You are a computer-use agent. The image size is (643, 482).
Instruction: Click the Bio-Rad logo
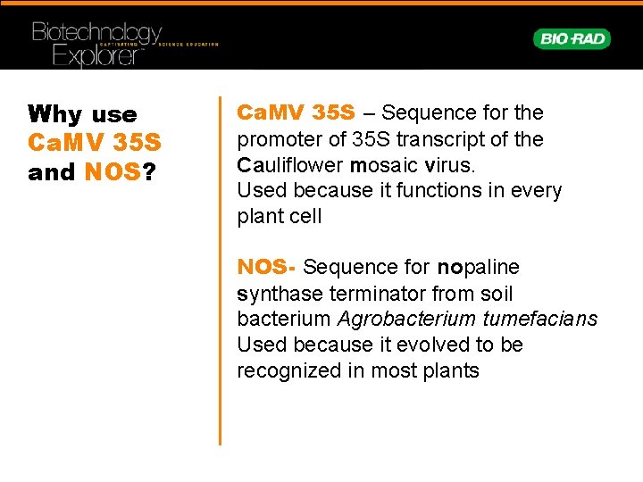[572, 38]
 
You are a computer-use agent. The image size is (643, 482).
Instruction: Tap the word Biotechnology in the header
[96, 33]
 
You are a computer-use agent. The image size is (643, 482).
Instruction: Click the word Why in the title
[55, 115]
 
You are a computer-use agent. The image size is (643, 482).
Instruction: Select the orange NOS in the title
[113, 172]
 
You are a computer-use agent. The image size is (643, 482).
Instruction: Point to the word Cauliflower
[290, 165]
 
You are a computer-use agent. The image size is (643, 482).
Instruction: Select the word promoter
[277, 140]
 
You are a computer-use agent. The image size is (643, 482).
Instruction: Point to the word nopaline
[478, 268]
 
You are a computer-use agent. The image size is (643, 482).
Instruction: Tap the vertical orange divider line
[220, 268]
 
